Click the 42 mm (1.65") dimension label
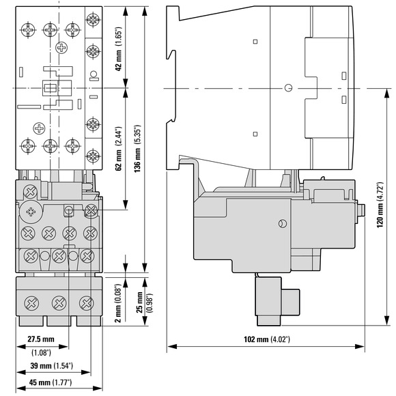[x=119, y=48]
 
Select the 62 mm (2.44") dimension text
[x=119, y=149]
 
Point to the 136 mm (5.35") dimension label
[x=137, y=149]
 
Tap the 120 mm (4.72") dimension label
[x=380, y=205]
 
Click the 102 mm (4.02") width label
[x=267, y=339]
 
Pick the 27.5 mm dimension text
[x=41, y=339]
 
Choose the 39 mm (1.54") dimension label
[x=51, y=365]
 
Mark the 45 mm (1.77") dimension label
[x=51, y=382]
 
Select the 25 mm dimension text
[x=140, y=302]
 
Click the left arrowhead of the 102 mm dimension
[x=172, y=347]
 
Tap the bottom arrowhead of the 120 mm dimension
[x=386, y=320]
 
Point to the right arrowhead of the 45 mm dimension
[x=98, y=388]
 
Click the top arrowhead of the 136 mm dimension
[x=145, y=12]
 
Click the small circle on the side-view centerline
[x=288, y=88]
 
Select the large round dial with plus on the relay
[x=31, y=212]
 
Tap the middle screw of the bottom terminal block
[x=59, y=303]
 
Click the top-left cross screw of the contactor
[x=28, y=30]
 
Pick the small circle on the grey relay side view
[x=283, y=224]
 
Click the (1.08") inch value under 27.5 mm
[x=41, y=352]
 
